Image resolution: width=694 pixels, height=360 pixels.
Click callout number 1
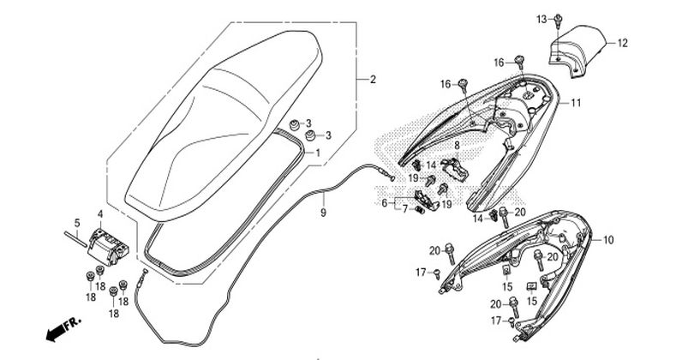point(318,152)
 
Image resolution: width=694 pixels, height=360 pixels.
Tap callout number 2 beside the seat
point(373,80)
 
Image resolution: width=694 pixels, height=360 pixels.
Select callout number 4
point(100,213)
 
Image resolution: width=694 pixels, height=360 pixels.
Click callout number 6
point(385,203)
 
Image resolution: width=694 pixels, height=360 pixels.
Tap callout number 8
point(457,146)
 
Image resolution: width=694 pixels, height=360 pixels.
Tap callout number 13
point(541,17)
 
